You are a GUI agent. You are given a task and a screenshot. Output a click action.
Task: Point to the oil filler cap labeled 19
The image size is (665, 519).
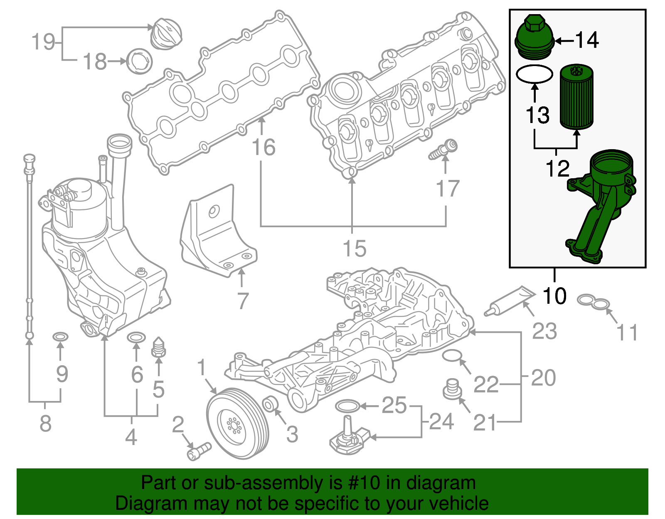[166, 33]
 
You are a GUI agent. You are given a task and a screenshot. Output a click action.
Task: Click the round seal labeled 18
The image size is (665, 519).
[139, 61]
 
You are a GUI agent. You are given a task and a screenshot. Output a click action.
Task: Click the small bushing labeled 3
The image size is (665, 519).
[271, 403]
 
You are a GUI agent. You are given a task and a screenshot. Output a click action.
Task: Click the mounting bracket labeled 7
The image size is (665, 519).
[218, 233]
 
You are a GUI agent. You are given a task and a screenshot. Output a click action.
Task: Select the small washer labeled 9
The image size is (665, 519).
[60, 336]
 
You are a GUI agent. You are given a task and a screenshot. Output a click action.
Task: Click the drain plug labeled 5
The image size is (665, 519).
[158, 347]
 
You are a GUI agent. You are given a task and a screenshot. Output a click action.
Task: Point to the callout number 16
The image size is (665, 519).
[264, 148]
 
